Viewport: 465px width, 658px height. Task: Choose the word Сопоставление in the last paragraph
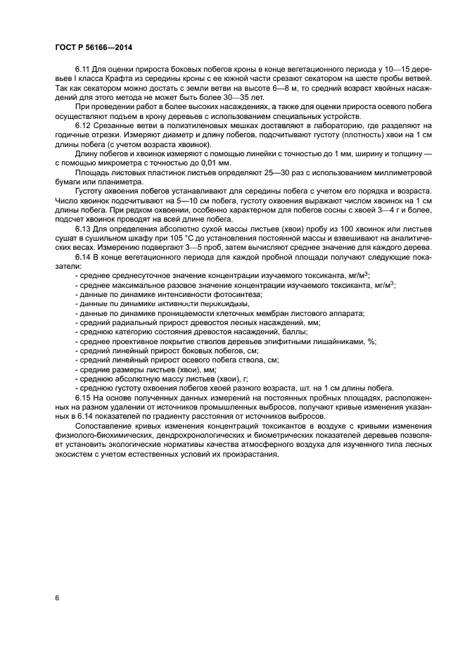point(105,426)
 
